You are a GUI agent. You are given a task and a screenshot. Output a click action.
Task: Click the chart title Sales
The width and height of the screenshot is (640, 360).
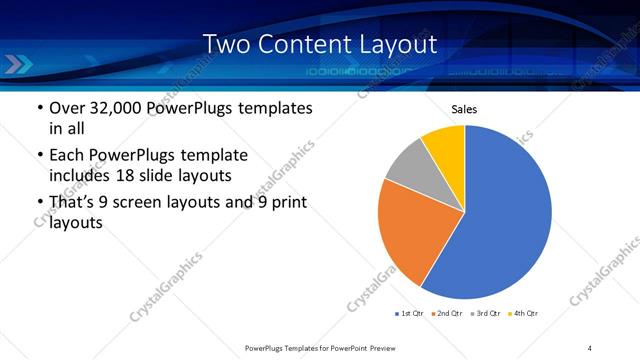pyautogui.click(x=465, y=109)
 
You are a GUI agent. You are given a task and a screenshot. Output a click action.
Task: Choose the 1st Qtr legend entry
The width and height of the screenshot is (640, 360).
pyautogui.click(x=409, y=314)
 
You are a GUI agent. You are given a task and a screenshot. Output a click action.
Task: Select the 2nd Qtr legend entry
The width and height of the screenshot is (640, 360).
pyautogui.click(x=445, y=314)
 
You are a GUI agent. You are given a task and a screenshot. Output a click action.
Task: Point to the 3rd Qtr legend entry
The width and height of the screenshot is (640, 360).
pyautogui.click(x=484, y=314)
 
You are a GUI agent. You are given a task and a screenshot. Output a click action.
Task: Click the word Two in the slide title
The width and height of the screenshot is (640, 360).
pyautogui.click(x=224, y=45)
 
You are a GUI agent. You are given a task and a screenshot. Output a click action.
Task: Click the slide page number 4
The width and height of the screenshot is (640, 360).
pyautogui.click(x=590, y=347)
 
